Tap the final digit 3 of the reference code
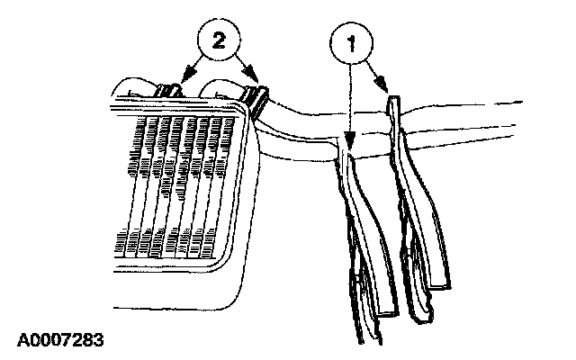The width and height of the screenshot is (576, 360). point(99,340)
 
